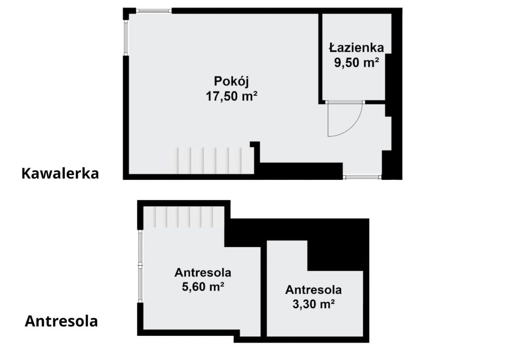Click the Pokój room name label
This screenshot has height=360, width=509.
pos(231,81)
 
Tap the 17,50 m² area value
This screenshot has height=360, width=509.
pos(232,96)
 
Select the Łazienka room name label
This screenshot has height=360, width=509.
pos(356,47)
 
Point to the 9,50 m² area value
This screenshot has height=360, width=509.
pos(356,63)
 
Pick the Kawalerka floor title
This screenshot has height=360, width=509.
pos(60,173)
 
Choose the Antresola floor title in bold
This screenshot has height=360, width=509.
pos(62,321)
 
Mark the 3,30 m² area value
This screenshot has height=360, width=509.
pos(313,304)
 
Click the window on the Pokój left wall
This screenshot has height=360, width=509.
pos(126,38)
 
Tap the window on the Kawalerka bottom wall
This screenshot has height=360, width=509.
pos(362,177)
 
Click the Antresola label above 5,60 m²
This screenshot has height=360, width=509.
pos(203,272)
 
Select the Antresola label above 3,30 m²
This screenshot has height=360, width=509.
pos(313,290)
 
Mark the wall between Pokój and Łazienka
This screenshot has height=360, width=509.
pos(320,57)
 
